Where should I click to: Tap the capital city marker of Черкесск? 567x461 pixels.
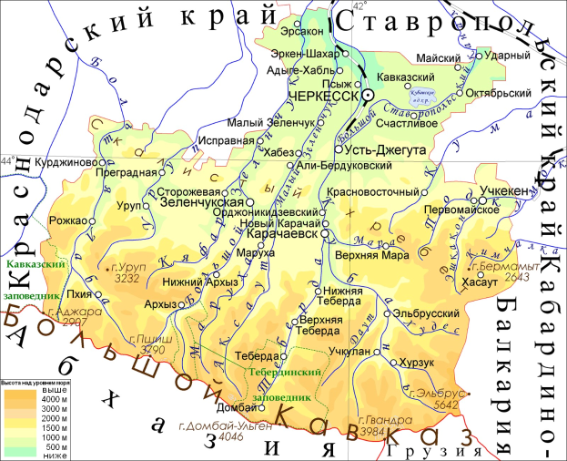pyautogui.click(x=368, y=94)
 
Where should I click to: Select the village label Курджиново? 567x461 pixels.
pyautogui.click(x=66, y=162)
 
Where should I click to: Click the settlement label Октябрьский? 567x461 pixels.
pyautogui.click(x=497, y=93)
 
